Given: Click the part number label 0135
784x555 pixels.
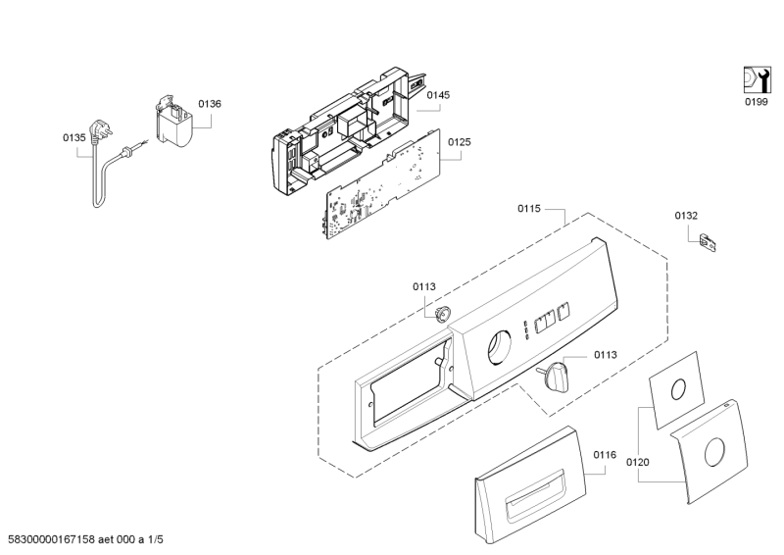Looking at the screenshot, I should (74, 138).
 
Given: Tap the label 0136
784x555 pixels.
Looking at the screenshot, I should (209, 103).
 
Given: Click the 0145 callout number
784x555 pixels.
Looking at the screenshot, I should (438, 95).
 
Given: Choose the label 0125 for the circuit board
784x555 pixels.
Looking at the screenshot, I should (460, 143).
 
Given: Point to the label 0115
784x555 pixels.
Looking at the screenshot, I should (529, 208).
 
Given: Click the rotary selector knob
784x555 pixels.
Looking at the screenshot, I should (555, 374).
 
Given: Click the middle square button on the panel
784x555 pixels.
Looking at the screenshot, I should (546, 320).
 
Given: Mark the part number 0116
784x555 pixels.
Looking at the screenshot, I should (605, 455).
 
